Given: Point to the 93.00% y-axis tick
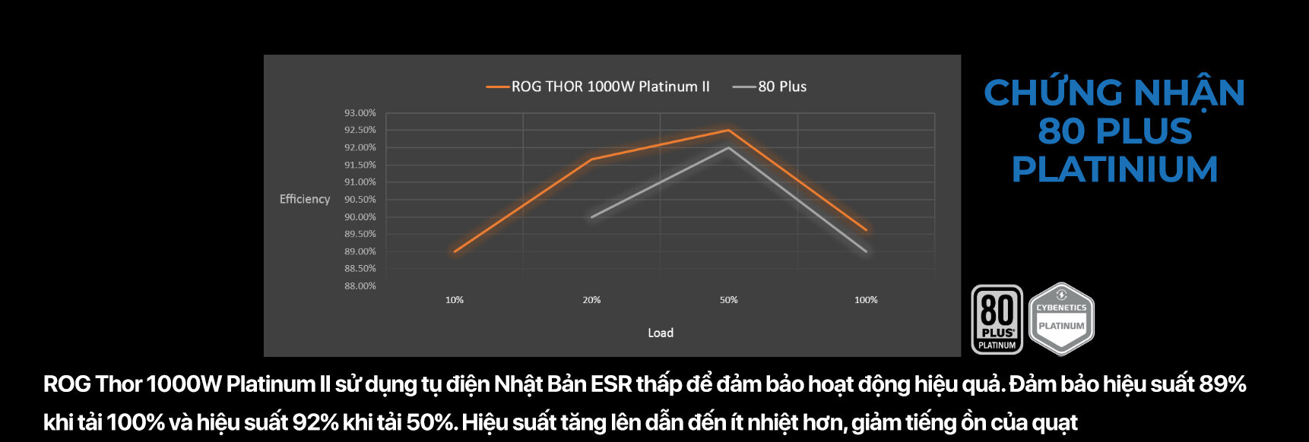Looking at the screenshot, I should tap(360, 113).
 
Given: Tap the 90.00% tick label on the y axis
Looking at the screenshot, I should tap(360, 217).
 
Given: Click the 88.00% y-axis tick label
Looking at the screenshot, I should tap(360, 286).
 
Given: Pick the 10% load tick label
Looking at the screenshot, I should tap(455, 300).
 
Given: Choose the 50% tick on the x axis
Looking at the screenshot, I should tap(728, 300).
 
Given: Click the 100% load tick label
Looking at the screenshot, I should tap(866, 300).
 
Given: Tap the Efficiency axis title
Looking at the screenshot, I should tap(305, 199).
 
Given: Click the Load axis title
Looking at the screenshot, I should tap(660, 333).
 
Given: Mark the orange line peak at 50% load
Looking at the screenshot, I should tap(728, 131).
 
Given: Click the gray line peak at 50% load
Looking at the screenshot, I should tap(728, 148).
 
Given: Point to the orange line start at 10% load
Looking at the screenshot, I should tap(455, 251).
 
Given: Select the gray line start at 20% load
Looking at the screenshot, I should tap(592, 217).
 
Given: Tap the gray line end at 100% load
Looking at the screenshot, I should tap(866, 251).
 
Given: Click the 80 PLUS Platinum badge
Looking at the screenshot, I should tap(997, 320).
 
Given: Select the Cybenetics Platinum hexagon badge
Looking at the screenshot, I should tap(1061, 319).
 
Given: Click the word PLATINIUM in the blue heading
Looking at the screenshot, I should tap(1114, 169).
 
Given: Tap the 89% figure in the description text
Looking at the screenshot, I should tap(1222, 384).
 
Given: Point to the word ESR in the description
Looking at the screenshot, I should tap(611, 384).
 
